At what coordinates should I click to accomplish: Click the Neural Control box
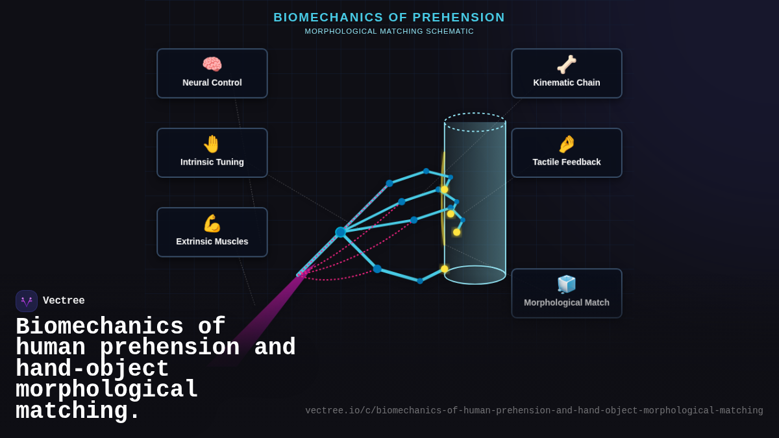(x=212, y=73)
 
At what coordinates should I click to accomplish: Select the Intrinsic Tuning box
(x=212, y=152)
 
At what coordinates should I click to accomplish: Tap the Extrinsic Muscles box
(x=212, y=232)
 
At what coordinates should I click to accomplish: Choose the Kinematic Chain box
(x=567, y=73)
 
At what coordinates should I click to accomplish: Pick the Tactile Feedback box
(x=567, y=152)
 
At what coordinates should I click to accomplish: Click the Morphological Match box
(x=567, y=293)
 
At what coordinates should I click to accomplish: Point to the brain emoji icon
(x=212, y=64)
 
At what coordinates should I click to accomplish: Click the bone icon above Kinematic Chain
(x=567, y=64)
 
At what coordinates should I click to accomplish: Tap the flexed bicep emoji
(x=212, y=223)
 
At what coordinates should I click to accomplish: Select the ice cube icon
(x=567, y=284)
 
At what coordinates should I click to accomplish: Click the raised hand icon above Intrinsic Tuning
(x=212, y=143)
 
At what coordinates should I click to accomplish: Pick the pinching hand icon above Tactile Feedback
(x=567, y=143)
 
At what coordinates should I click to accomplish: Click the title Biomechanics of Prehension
(x=389, y=18)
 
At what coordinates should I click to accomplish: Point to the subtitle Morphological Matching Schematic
(x=389, y=31)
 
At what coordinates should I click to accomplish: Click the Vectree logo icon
(x=27, y=301)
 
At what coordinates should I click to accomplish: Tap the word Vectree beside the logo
(x=64, y=301)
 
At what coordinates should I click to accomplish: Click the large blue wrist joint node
(x=340, y=232)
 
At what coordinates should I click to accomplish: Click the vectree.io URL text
(x=534, y=411)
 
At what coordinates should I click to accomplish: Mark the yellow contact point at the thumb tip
(x=445, y=269)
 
